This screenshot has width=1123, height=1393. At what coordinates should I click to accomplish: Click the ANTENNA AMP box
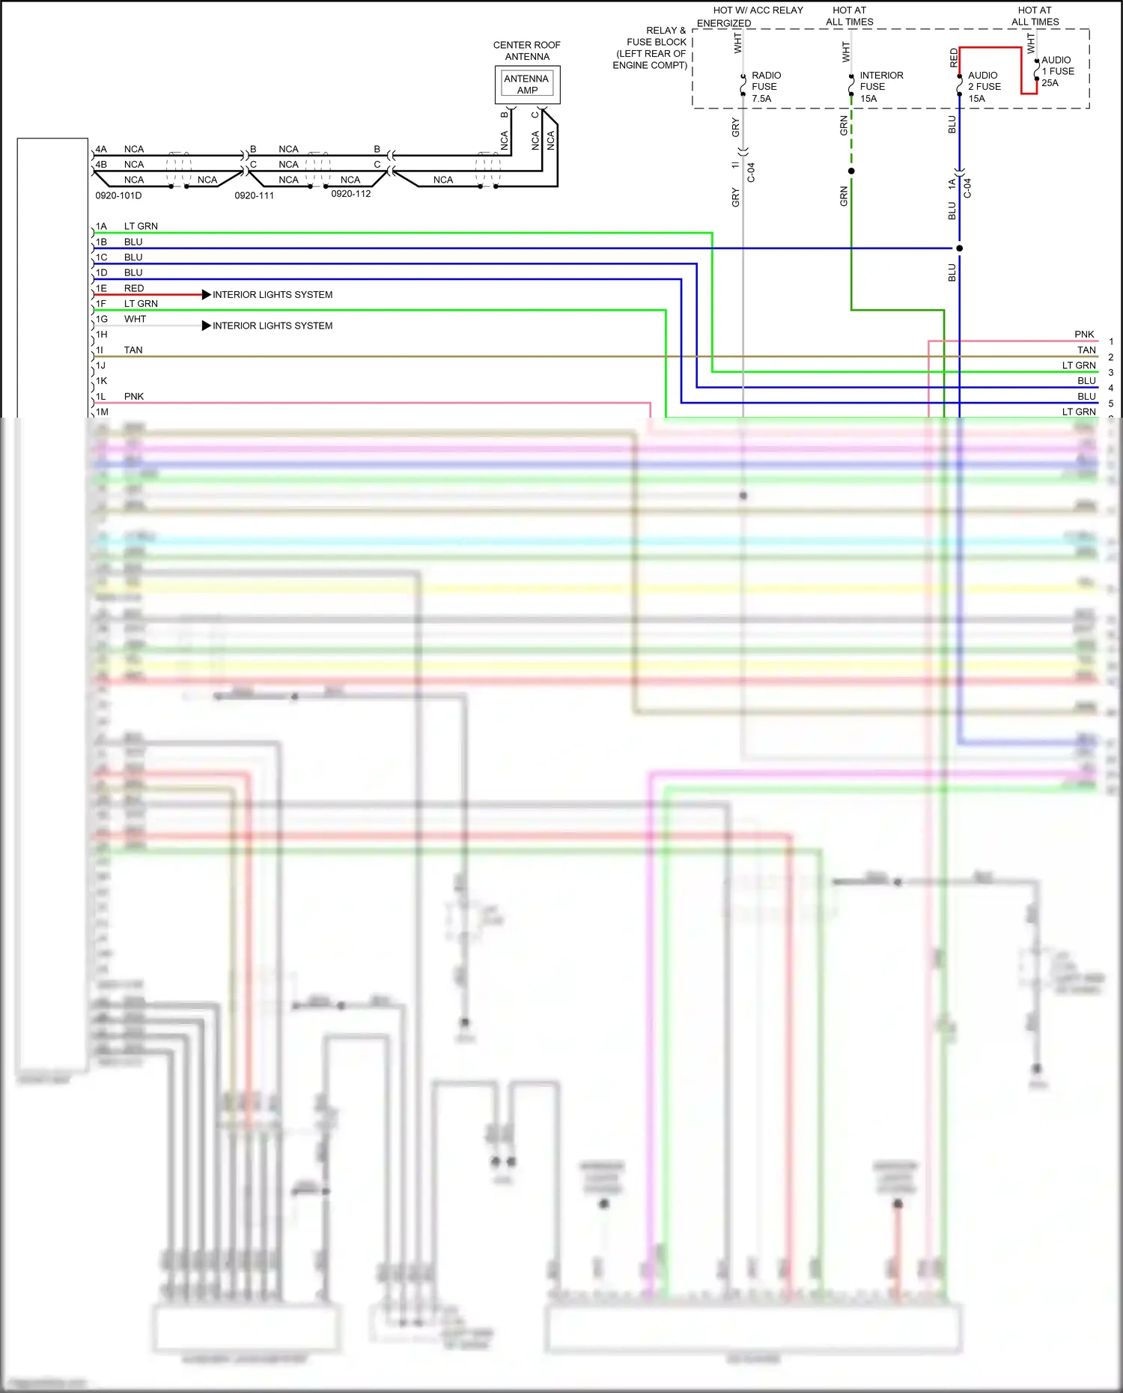pyautogui.click(x=527, y=85)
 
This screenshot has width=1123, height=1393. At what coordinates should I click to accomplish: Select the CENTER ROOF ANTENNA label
pyautogui.click(x=526, y=51)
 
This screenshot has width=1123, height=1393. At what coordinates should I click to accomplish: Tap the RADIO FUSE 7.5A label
pyautogui.click(x=765, y=87)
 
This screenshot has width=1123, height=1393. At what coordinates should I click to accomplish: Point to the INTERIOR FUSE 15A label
pyautogui.click(x=880, y=87)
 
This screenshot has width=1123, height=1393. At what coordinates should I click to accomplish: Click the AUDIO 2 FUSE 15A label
pyautogui.click(x=984, y=87)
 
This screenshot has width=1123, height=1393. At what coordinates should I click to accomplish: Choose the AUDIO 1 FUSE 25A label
pyautogui.click(x=1057, y=71)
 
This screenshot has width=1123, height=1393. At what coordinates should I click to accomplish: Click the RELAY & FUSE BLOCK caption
pyautogui.click(x=650, y=48)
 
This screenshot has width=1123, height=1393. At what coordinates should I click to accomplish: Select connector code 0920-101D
pyautogui.click(x=118, y=196)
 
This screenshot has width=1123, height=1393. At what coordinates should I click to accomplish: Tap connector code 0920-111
pyautogui.click(x=254, y=196)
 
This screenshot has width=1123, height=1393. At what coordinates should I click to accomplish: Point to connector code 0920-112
pyautogui.click(x=350, y=194)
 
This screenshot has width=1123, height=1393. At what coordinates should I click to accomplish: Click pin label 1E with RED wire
pyautogui.click(x=101, y=288)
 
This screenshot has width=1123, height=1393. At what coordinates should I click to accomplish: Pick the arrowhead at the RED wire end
pyautogui.click(x=207, y=295)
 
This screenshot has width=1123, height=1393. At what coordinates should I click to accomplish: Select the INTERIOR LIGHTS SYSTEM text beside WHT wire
pyautogui.click(x=273, y=326)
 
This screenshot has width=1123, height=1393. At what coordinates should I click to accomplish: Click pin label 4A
pyautogui.click(x=101, y=149)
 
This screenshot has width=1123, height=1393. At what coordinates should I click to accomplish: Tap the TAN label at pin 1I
pyautogui.click(x=133, y=350)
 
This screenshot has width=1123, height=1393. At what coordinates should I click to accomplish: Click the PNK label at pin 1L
pyautogui.click(x=134, y=397)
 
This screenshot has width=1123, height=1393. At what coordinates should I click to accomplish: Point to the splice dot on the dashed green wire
pyautogui.click(x=851, y=171)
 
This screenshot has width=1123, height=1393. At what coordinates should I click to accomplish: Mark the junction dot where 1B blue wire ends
pyautogui.click(x=959, y=249)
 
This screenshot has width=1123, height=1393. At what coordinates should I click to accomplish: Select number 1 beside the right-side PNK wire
pyautogui.click(x=1111, y=341)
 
